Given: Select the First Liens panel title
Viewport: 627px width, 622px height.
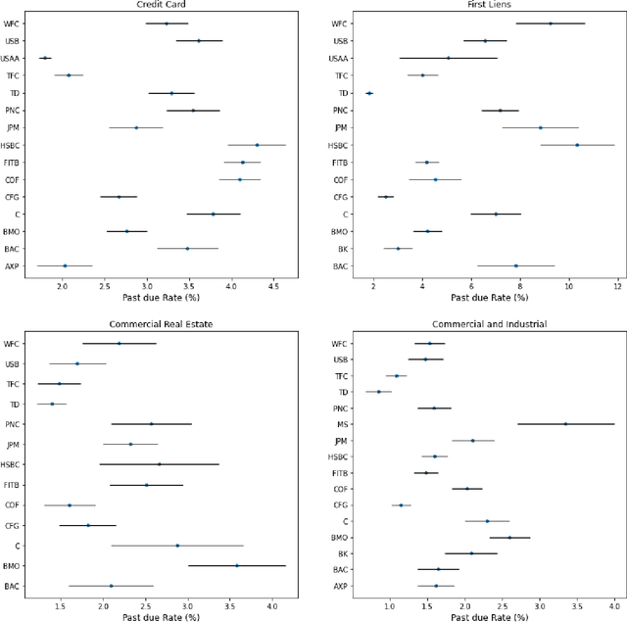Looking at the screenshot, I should point(476,4).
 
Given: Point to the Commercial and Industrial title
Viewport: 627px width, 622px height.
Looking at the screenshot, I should point(476,323).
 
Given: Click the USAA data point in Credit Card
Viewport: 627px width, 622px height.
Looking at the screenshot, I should point(44,58).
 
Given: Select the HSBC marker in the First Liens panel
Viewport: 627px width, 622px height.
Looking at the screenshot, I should point(577,145).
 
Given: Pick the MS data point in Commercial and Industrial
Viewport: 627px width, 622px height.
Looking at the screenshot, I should point(565,424).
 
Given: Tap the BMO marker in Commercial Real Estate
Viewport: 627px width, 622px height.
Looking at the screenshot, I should point(236,565).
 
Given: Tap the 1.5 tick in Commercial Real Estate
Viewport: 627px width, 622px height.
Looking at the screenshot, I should point(61,606).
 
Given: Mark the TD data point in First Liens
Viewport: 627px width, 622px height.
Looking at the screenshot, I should point(369,93).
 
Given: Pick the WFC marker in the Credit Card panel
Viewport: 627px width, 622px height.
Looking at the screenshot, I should point(167,23).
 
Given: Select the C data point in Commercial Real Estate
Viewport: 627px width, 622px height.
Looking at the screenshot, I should point(177,546).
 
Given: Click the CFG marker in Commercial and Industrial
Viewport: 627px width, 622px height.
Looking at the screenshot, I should point(401,504).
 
